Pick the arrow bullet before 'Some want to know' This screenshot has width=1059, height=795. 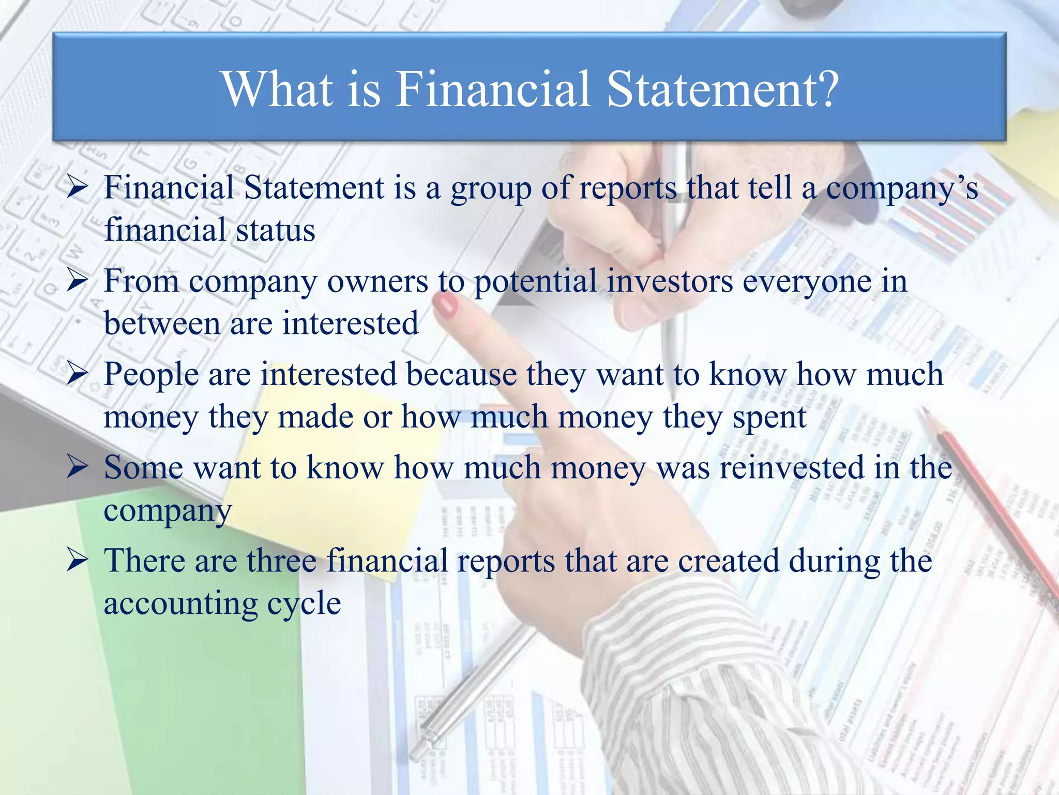tap(77, 468)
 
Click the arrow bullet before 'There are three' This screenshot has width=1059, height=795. tap(77, 561)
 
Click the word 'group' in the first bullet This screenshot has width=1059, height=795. tap(491, 189)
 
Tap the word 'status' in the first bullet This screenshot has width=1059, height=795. tap(276, 230)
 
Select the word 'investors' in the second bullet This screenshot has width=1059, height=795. tap(670, 282)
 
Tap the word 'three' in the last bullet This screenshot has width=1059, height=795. tap(281, 561)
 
